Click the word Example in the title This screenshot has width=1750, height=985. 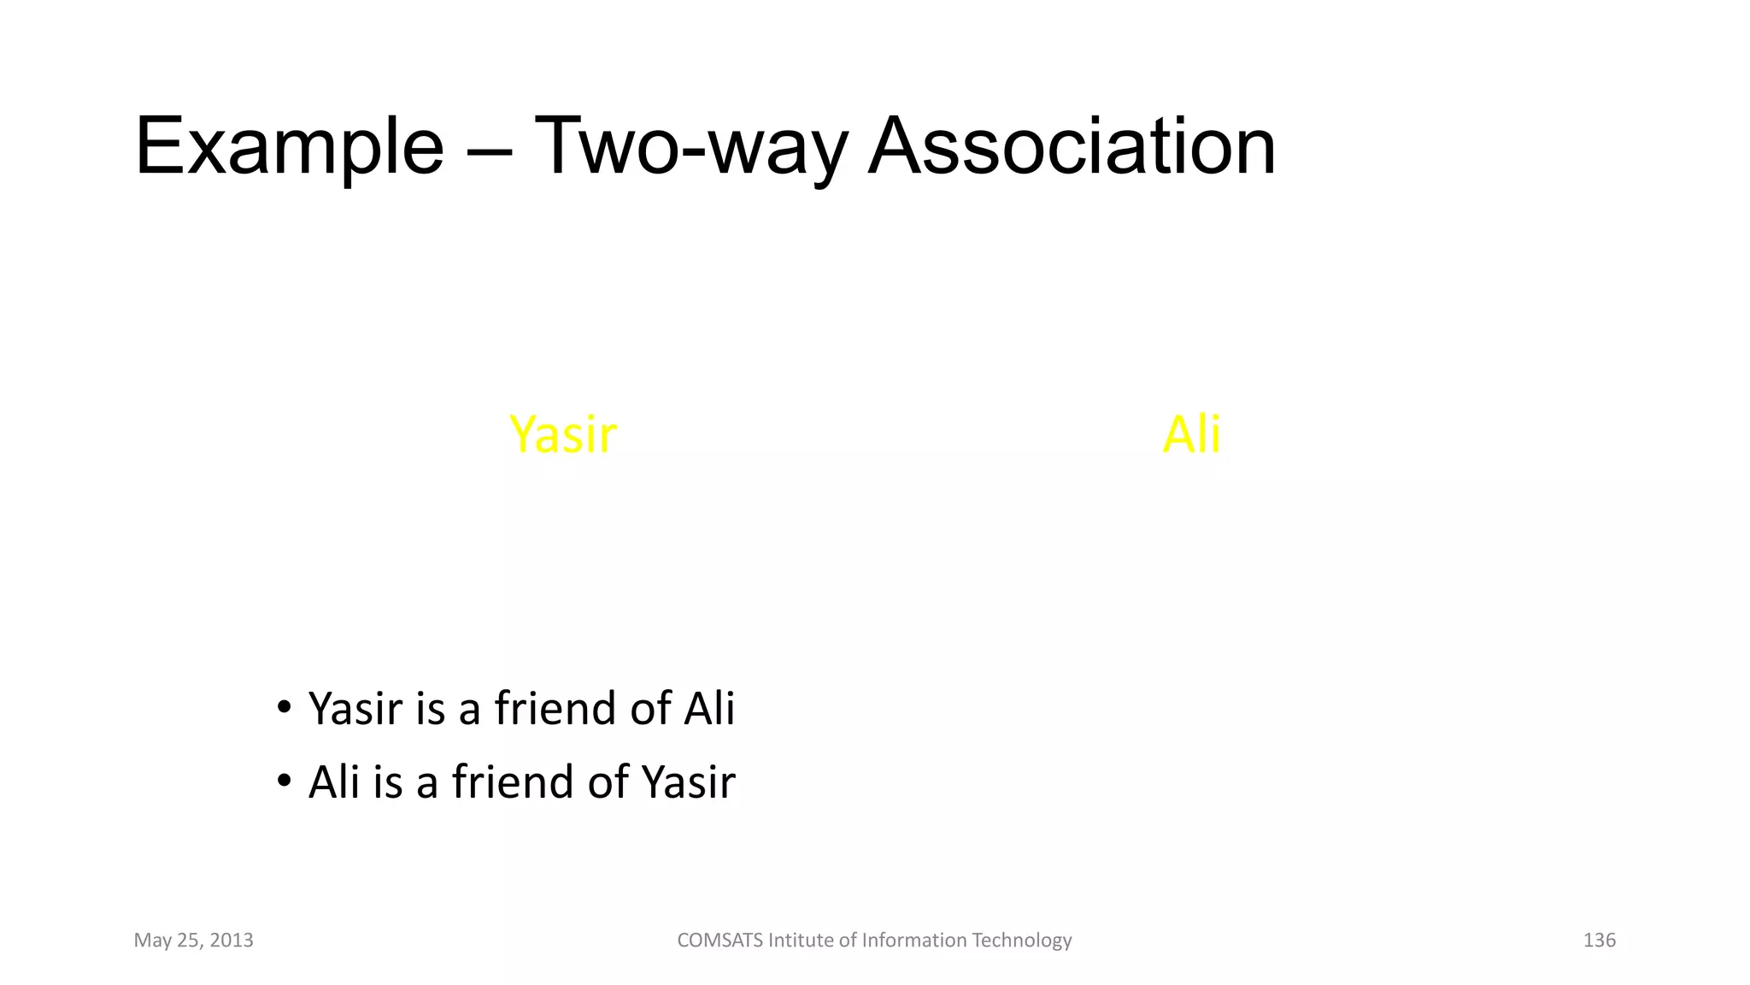pyautogui.click(x=289, y=147)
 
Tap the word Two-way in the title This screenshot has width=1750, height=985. pyautogui.click(x=690, y=147)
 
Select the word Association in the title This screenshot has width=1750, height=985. pyautogui.click(x=1072, y=147)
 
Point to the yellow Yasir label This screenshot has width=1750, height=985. pyautogui.click(x=562, y=434)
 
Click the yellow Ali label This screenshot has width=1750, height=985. pyautogui.click(x=1191, y=434)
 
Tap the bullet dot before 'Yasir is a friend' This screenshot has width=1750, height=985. pyautogui.click(x=285, y=707)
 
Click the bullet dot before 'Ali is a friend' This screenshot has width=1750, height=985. pyautogui.click(x=285, y=781)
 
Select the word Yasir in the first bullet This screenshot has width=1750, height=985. pyautogui.click(x=355, y=709)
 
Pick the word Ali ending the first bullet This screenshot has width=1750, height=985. pyautogui.click(x=708, y=709)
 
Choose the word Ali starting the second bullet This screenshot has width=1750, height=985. pyautogui.click(x=334, y=782)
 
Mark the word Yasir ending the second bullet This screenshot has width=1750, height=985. pyautogui.click(x=688, y=782)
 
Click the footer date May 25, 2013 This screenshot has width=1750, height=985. pyautogui.click(x=194, y=941)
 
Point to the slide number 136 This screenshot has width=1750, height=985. pyautogui.click(x=1599, y=941)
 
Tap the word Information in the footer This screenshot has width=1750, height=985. pyautogui.click(x=913, y=941)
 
